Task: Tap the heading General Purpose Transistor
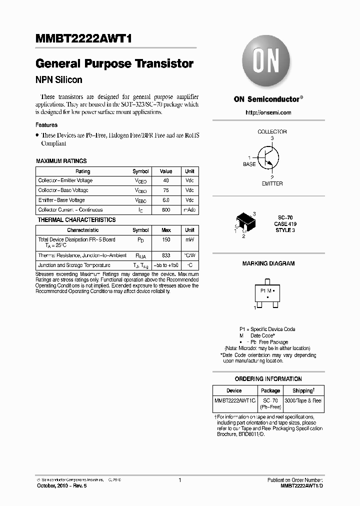tap(114, 64)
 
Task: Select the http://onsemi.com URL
tap(268, 112)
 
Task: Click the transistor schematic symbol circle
tap(268, 157)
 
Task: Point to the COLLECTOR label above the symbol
tap(272, 131)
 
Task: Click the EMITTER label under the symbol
tap(272, 183)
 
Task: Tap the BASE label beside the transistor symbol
tap(249, 164)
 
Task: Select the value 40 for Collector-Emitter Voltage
tap(166, 180)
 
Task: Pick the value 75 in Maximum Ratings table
tap(166, 190)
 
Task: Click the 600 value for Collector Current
tap(166, 210)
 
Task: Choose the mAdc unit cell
tap(189, 210)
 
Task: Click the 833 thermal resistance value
tap(166, 255)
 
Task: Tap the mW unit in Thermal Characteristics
tap(189, 240)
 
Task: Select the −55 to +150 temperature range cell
tap(166, 265)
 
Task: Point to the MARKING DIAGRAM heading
tap(268, 263)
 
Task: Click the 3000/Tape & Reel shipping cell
tap(303, 400)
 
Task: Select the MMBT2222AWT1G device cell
tap(234, 400)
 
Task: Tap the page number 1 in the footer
tap(179, 480)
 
